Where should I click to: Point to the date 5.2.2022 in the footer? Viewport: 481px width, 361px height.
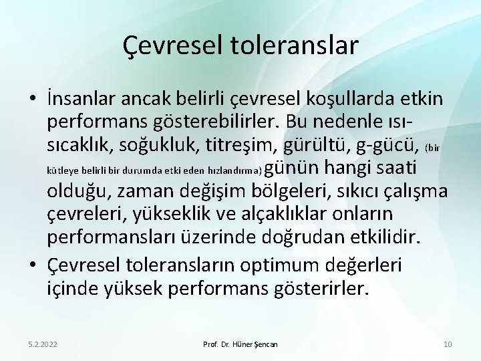click(42, 344)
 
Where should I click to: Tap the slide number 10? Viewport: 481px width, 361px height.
click(447, 344)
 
